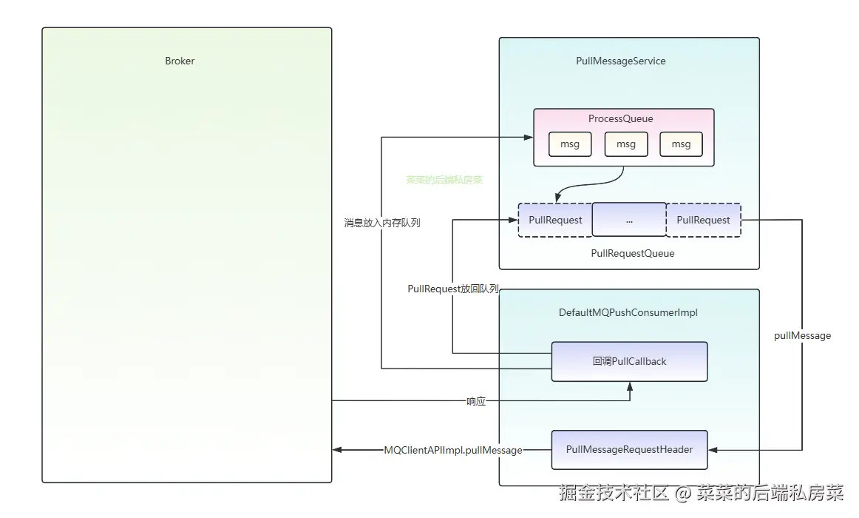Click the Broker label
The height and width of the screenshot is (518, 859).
180,61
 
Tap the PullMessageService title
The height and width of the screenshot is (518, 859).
621,61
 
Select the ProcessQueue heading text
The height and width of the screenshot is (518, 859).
621,118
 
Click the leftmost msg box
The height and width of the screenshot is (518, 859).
570,144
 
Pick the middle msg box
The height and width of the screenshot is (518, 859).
626,144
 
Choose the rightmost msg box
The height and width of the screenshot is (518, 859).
681,144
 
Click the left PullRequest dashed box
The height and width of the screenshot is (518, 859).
555,220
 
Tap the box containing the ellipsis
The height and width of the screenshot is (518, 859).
629,219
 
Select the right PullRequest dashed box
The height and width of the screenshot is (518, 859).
704,220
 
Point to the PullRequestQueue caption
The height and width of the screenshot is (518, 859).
633,253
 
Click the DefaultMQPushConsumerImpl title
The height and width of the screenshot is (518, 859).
628,312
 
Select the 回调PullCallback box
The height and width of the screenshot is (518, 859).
629,361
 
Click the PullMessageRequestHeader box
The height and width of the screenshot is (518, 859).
629,449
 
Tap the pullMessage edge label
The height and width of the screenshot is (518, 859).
803,335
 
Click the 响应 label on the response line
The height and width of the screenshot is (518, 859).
476,401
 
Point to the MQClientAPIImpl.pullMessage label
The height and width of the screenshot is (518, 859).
453,450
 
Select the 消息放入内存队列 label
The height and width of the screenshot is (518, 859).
382,223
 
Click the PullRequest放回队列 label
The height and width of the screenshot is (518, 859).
453,289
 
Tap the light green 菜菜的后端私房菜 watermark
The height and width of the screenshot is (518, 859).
444,180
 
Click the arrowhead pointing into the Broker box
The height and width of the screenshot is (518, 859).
337,450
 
